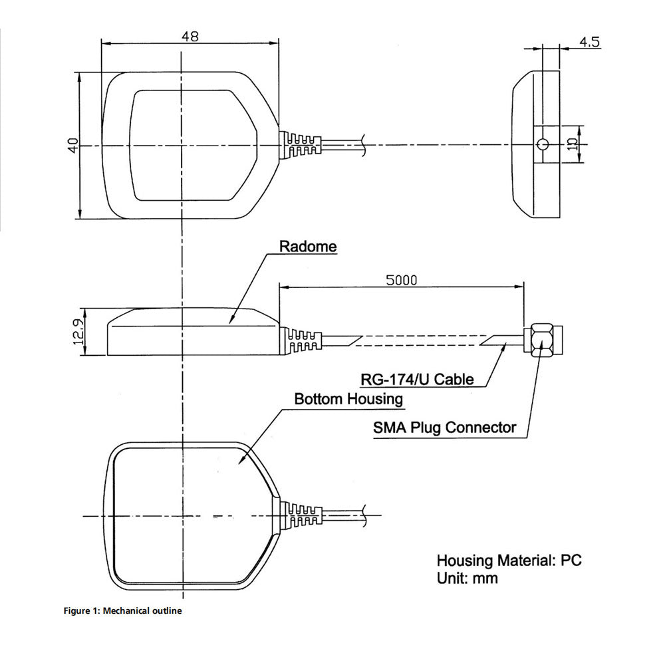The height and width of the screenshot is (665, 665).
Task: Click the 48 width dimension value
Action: pyautogui.click(x=190, y=37)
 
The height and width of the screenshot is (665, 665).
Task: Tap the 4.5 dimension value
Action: pyautogui.click(x=589, y=42)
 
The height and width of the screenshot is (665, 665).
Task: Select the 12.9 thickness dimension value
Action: pyautogui.click(x=78, y=331)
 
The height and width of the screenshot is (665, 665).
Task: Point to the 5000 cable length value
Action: pyautogui.click(x=402, y=280)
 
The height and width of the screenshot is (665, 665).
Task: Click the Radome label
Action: pyautogui.click(x=307, y=247)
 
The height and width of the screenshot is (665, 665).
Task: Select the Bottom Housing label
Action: pyautogui.click(x=348, y=399)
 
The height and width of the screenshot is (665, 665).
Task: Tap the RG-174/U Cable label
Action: pyautogui.click(x=418, y=379)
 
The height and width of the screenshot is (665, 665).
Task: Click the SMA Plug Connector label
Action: pyautogui.click(x=444, y=427)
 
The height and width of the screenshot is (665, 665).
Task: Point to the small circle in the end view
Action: pyautogui.click(x=543, y=144)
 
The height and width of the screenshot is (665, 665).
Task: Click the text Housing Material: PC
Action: pyautogui.click(x=509, y=560)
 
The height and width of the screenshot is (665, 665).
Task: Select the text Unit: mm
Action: pyautogui.click(x=467, y=578)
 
